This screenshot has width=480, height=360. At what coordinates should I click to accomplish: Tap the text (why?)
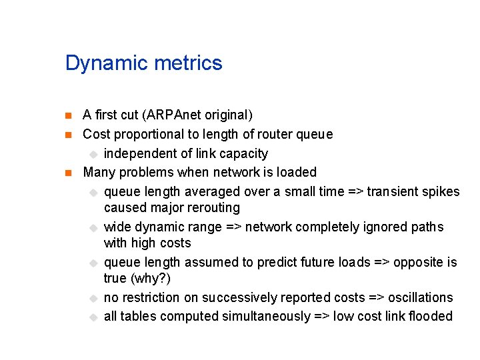tap(151, 278)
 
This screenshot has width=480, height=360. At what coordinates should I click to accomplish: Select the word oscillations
tap(420, 297)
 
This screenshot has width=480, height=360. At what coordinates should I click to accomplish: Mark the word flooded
tap(429, 316)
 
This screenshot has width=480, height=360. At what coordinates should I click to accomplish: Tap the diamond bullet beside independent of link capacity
tap(93, 154)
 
